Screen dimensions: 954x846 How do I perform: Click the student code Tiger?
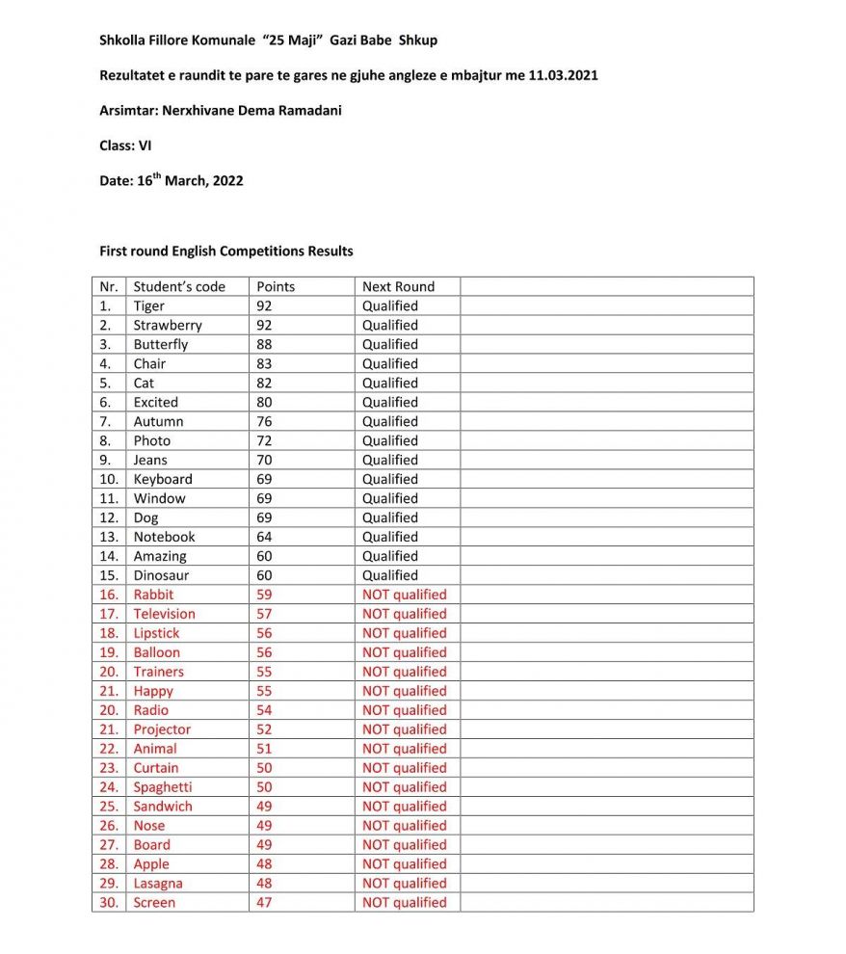pos(149,305)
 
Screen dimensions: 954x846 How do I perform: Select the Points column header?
pos(276,286)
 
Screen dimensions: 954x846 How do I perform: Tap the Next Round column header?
pos(398,286)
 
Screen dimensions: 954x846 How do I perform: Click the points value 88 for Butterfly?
pos(264,344)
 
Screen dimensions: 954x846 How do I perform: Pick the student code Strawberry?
pos(168,325)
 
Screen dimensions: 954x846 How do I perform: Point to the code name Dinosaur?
pos(162,575)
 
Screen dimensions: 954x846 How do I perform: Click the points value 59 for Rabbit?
pos(264,595)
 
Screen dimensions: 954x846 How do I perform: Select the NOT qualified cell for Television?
pos(404,614)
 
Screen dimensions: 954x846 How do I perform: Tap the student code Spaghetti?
pos(163,787)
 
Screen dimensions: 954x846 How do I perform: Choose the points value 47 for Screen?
pos(264,903)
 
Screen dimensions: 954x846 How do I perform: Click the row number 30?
pos(109,903)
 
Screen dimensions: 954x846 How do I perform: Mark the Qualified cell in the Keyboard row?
pos(390,479)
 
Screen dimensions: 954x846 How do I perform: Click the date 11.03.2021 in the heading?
pos(564,75)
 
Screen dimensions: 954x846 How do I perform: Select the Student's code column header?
pos(179,286)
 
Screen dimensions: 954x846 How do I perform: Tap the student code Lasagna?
pos(158,884)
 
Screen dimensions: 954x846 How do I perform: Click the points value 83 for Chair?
pos(264,363)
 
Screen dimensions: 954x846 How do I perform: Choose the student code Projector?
pos(162,729)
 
